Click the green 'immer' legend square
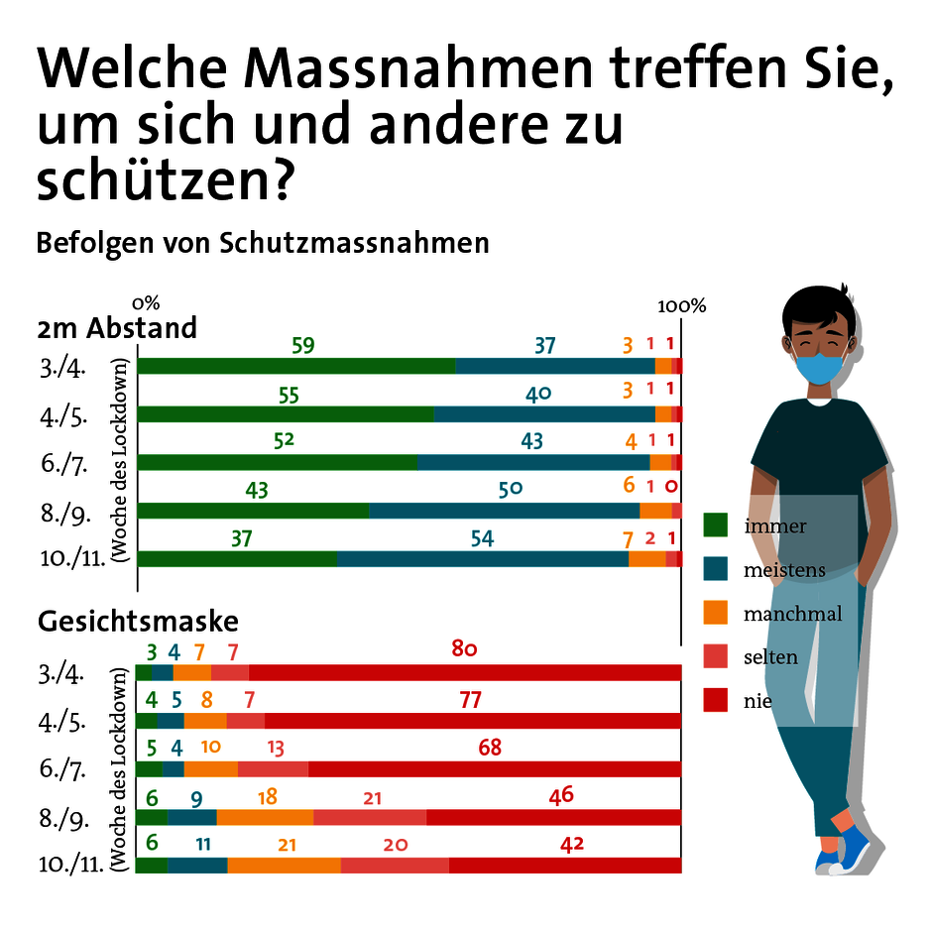pyautogui.click(x=715, y=525)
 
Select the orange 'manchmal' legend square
pyautogui.click(x=715, y=613)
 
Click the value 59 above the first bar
pyautogui.click(x=303, y=346)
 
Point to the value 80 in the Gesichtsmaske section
pyautogui.click(x=465, y=649)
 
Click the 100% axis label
pyautogui.click(x=681, y=305)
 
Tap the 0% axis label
pyautogui.click(x=145, y=301)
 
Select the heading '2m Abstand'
pyautogui.click(x=117, y=327)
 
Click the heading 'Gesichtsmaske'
pyautogui.click(x=138, y=621)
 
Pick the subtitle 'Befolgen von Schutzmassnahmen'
pyautogui.click(x=263, y=243)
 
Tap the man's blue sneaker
pyautogui.click(x=851, y=850)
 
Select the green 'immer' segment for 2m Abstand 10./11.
pyautogui.click(x=237, y=558)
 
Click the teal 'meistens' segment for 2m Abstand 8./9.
pyautogui.click(x=504, y=511)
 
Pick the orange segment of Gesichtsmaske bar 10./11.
pyautogui.click(x=284, y=865)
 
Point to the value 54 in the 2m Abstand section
pyautogui.click(x=482, y=538)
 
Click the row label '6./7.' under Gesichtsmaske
pyautogui.click(x=61, y=768)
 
